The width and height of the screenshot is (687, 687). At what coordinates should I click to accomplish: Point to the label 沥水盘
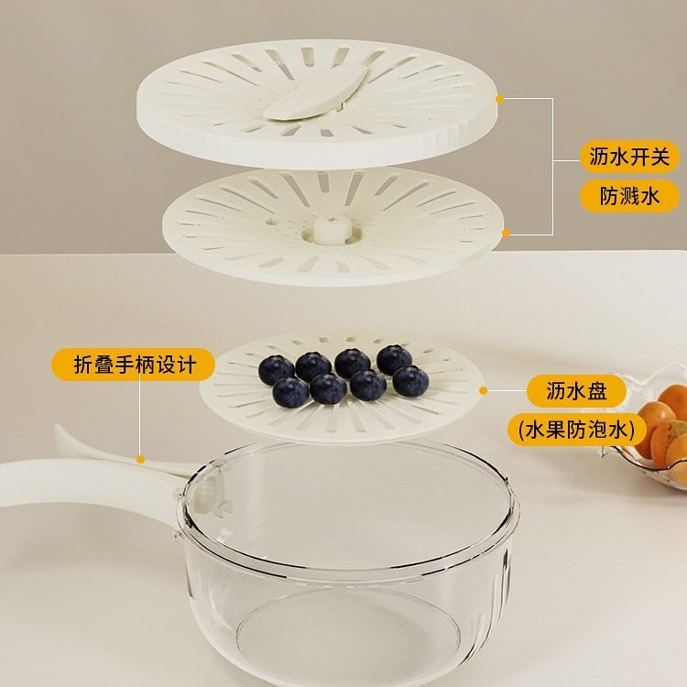(x=577, y=391)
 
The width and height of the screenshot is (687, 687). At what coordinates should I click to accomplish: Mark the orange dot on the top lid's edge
(x=500, y=98)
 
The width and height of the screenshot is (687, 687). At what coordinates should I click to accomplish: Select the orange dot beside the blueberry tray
(x=483, y=390)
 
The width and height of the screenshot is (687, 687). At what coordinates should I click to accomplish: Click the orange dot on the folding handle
(x=140, y=458)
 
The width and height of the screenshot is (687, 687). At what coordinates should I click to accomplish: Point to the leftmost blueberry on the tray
(x=276, y=370)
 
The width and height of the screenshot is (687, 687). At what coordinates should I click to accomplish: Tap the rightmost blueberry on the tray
(x=409, y=380)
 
